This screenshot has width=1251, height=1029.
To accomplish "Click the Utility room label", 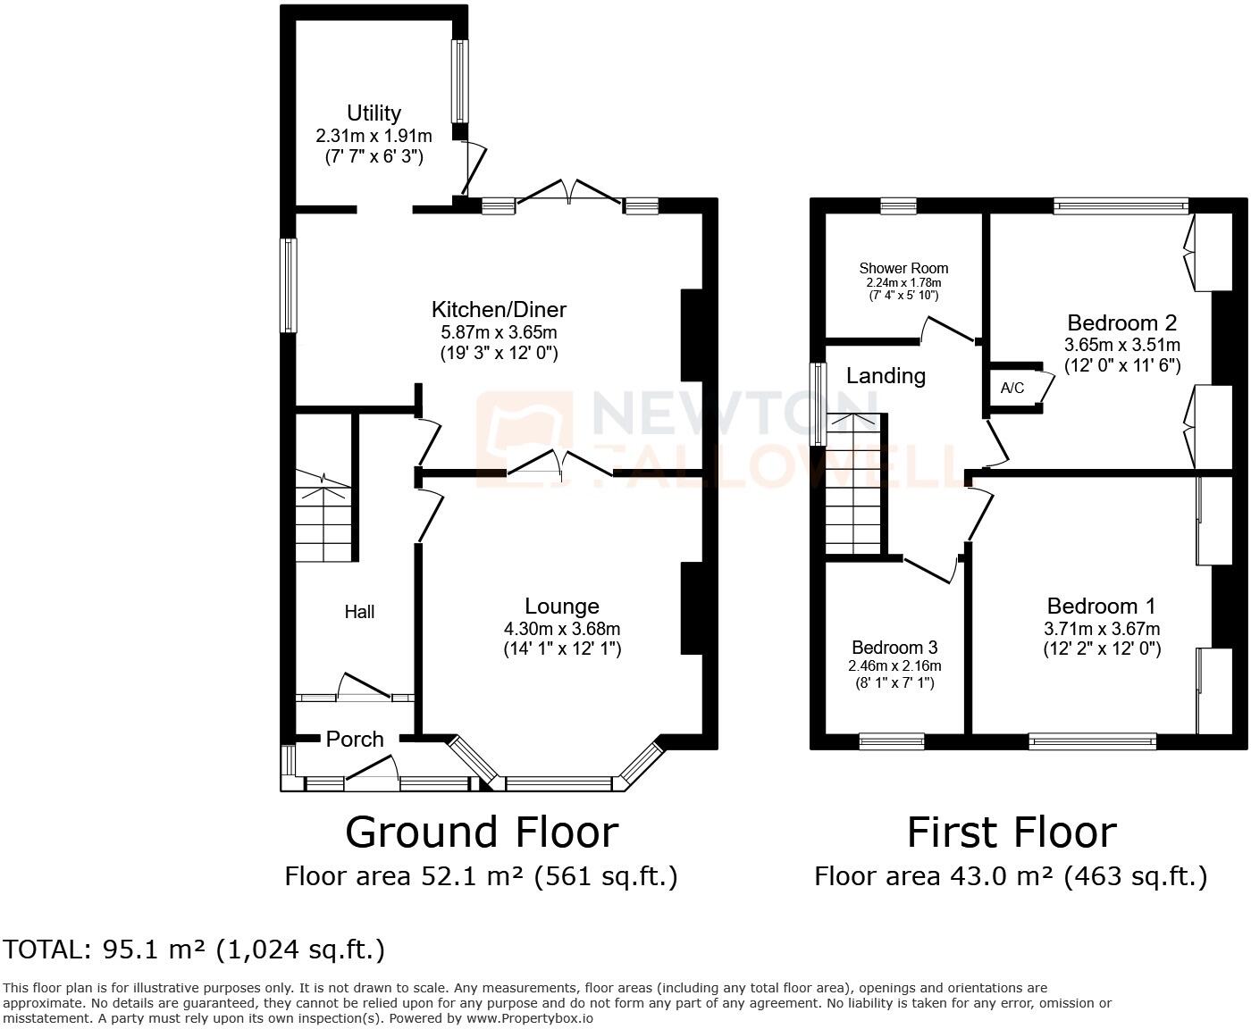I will click(x=374, y=113).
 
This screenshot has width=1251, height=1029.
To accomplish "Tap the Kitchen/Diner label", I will click(x=499, y=310).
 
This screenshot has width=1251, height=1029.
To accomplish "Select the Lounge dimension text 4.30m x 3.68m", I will click(x=561, y=628).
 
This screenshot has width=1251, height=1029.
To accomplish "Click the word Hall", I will click(x=359, y=612).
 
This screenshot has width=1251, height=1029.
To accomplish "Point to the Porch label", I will click(x=355, y=740).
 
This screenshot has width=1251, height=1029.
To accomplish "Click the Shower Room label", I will click(x=903, y=268).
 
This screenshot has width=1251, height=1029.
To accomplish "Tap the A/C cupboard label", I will click(x=1012, y=389).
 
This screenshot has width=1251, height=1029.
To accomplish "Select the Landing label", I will click(x=886, y=376).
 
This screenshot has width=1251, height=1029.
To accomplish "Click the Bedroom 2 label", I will click(x=1121, y=322).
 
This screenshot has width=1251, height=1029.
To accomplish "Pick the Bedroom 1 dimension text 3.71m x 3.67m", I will click(x=1102, y=628).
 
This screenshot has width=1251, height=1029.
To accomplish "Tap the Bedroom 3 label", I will click(x=894, y=648).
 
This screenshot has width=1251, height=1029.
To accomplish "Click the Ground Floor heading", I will click(x=481, y=832).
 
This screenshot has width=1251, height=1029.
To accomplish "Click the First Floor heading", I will click(x=1011, y=832).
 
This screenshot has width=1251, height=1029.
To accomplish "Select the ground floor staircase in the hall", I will click(x=323, y=523).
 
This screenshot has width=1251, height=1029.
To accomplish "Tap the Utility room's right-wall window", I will click(x=459, y=81).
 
